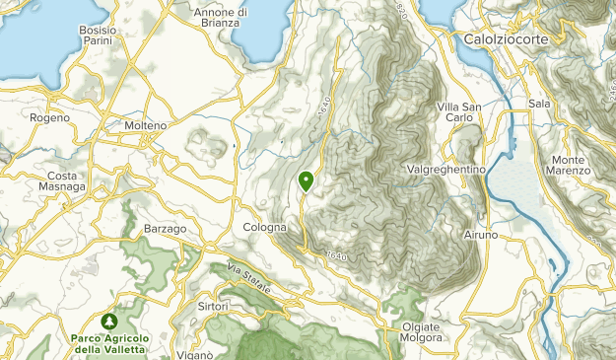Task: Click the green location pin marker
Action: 306,180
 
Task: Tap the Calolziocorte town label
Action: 507,38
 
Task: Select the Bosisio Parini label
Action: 98,36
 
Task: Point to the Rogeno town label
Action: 50,117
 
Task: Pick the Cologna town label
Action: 264,227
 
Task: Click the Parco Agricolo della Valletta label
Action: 110,343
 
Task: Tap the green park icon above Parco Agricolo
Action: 109,322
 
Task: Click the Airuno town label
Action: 481,236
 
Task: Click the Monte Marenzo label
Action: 571,165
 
